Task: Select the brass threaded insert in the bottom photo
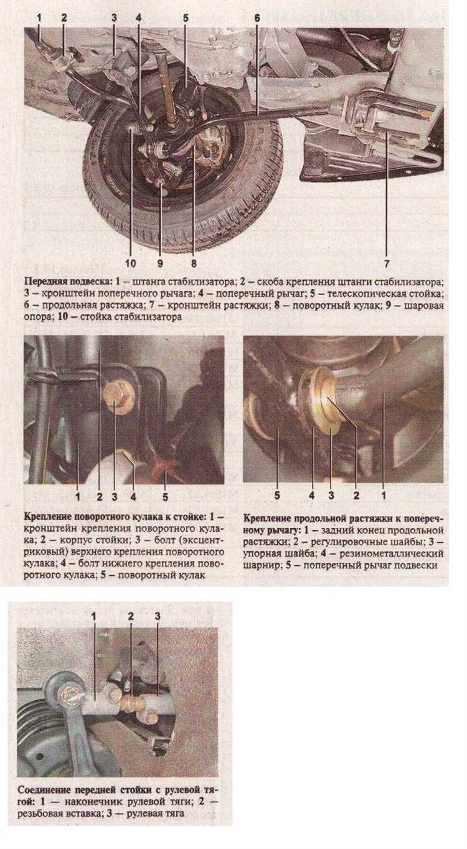point(131,703)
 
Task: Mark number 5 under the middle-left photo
point(165,496)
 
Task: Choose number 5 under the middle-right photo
point(277,496)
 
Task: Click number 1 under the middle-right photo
point(384,496)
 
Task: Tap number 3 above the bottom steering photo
point(158,616)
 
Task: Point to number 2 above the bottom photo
point(131,616)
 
